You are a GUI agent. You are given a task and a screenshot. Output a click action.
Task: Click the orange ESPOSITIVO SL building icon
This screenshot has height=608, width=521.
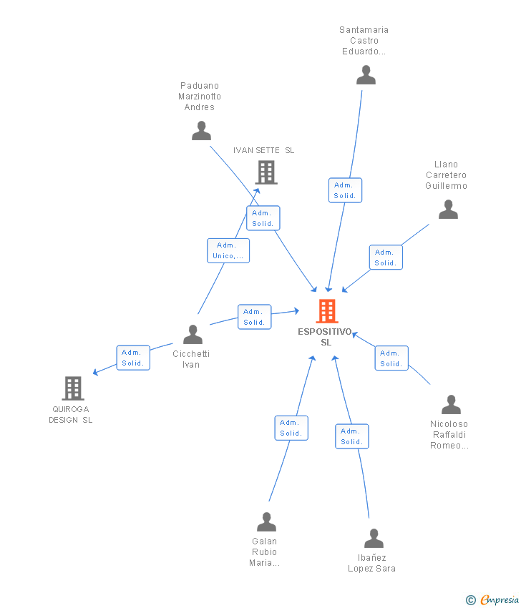click(x=327, y=311)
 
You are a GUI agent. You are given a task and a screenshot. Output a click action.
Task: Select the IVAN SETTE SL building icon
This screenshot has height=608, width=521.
click(x=266, y=172)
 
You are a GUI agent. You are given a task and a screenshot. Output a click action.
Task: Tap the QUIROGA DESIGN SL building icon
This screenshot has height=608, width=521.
click(x=73, y=388)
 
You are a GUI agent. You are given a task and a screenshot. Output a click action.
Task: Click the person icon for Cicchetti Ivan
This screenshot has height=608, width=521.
click(x=193, y=335)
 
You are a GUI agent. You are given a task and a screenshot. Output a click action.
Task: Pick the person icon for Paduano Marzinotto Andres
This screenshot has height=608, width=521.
click(x=201, y=131)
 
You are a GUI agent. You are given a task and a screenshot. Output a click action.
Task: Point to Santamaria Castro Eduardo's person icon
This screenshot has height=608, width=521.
click(x=366, y=75)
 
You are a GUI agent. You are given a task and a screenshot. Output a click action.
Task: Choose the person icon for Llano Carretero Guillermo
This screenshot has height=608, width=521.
click(x=448, y=210)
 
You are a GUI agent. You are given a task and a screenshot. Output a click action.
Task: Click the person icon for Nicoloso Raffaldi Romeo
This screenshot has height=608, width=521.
click(x=451, y=405)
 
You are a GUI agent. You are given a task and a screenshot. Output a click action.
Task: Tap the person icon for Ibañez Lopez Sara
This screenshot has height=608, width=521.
click(x=374, y=539)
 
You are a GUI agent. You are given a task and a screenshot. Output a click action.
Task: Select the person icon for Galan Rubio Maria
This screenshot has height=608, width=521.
click(x=266, y=522)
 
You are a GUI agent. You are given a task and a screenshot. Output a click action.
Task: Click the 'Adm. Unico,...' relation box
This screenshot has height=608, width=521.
click(x=228, y=250)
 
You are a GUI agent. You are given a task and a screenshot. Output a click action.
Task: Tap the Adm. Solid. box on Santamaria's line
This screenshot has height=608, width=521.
click(x=345, y=190)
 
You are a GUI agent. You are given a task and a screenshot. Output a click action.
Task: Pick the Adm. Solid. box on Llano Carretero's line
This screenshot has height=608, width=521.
click(x=386, y=258)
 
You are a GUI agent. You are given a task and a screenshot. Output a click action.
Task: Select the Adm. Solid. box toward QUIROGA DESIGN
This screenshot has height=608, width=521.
click(x=133, y=358)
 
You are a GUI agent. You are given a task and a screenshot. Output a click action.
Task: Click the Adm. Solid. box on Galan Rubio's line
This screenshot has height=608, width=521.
click(x=291, y=428)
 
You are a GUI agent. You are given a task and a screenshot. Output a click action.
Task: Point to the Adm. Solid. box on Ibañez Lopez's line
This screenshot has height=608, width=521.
click(x=352, y=436)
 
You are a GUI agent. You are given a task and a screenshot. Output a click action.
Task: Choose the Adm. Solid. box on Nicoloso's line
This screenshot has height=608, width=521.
click(x=391, y=358)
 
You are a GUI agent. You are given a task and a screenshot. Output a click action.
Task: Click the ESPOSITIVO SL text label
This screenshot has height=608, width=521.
click(x=326, y=337)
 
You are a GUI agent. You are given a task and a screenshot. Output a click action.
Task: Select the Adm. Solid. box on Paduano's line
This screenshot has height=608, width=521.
click(x=263, y=218)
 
